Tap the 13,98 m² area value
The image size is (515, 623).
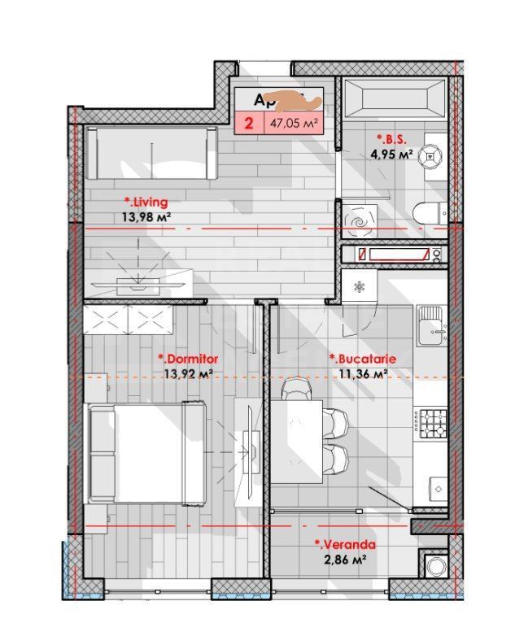[x=145, y=216]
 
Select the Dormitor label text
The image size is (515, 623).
[x=188, y=358]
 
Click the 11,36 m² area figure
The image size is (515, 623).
[x=362, y=374]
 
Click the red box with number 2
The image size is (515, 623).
[x=247, y=124]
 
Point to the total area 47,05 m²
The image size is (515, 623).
[x=292, y=124]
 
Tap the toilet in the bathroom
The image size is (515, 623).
[x=429, y=213]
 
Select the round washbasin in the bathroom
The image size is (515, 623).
[x=431, y=157]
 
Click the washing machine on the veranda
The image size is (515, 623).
[x=431, y=565]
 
